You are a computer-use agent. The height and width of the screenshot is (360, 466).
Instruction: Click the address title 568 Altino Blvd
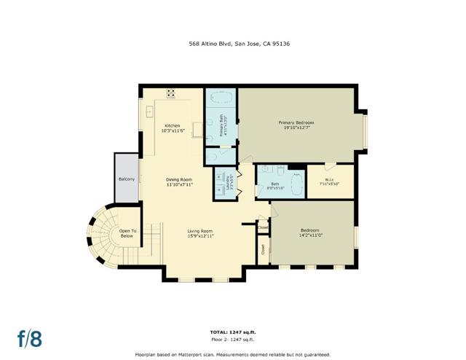232,43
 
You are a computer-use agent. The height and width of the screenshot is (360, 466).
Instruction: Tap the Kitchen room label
172,125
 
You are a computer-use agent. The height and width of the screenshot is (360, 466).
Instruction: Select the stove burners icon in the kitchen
171,93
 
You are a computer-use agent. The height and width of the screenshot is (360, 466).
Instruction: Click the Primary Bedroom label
295,122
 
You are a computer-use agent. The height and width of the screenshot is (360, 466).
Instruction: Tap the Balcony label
125,179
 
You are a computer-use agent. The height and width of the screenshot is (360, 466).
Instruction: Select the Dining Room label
178,180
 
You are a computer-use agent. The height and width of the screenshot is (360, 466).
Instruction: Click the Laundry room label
229,184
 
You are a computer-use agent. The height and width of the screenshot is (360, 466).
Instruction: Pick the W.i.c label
329,179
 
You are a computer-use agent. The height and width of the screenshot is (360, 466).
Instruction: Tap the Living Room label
200,231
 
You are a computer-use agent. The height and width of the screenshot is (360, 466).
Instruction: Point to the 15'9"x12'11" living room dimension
200,236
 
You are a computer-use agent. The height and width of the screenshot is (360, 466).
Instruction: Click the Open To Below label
127,233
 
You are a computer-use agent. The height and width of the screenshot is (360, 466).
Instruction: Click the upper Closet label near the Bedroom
263,227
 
